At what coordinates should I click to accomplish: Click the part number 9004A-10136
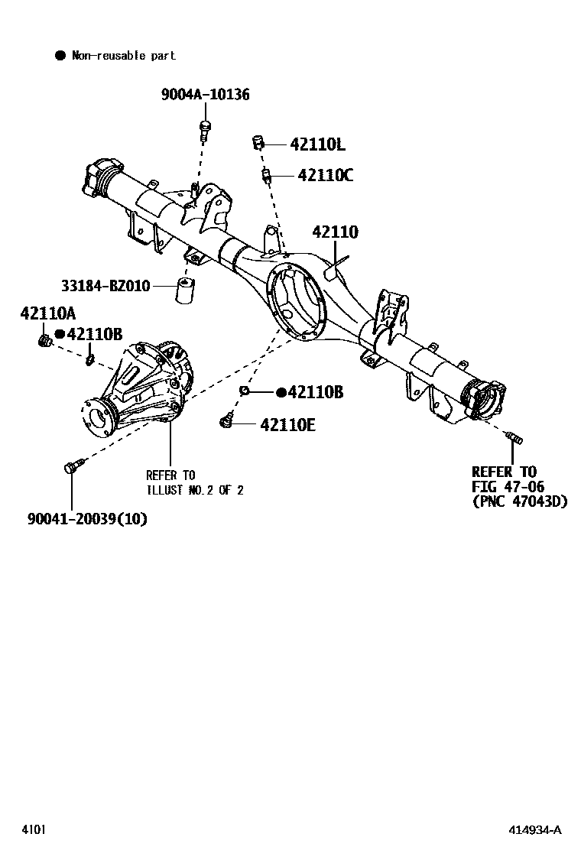click(x=205, y=95)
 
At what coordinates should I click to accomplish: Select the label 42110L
click(x=317, y=144)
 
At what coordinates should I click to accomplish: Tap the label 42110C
click(x=325, y=176)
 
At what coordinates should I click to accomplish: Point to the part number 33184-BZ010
click(x=105, y=286)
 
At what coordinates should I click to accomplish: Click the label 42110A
click(x=48, y=313)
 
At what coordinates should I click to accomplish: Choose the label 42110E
click(x=287, y=424)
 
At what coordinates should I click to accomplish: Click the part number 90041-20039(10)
click(x=87, y=519)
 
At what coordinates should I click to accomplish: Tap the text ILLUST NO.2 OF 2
click(x=195, y=490)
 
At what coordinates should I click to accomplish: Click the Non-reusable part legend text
click(x=123, y=56)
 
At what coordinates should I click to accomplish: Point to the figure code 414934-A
click(x=537, y=830)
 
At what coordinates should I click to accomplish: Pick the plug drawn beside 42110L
click(x=258, y=142)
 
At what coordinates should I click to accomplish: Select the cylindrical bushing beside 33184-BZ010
click(x=186, y=290)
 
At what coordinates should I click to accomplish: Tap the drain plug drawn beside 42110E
click(x=226, y=419)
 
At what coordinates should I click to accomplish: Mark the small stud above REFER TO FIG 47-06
click(x=514, y=437)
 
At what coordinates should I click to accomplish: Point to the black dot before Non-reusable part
click(x=60, y=56)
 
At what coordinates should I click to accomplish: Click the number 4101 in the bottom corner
click(x=32, y=830)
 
